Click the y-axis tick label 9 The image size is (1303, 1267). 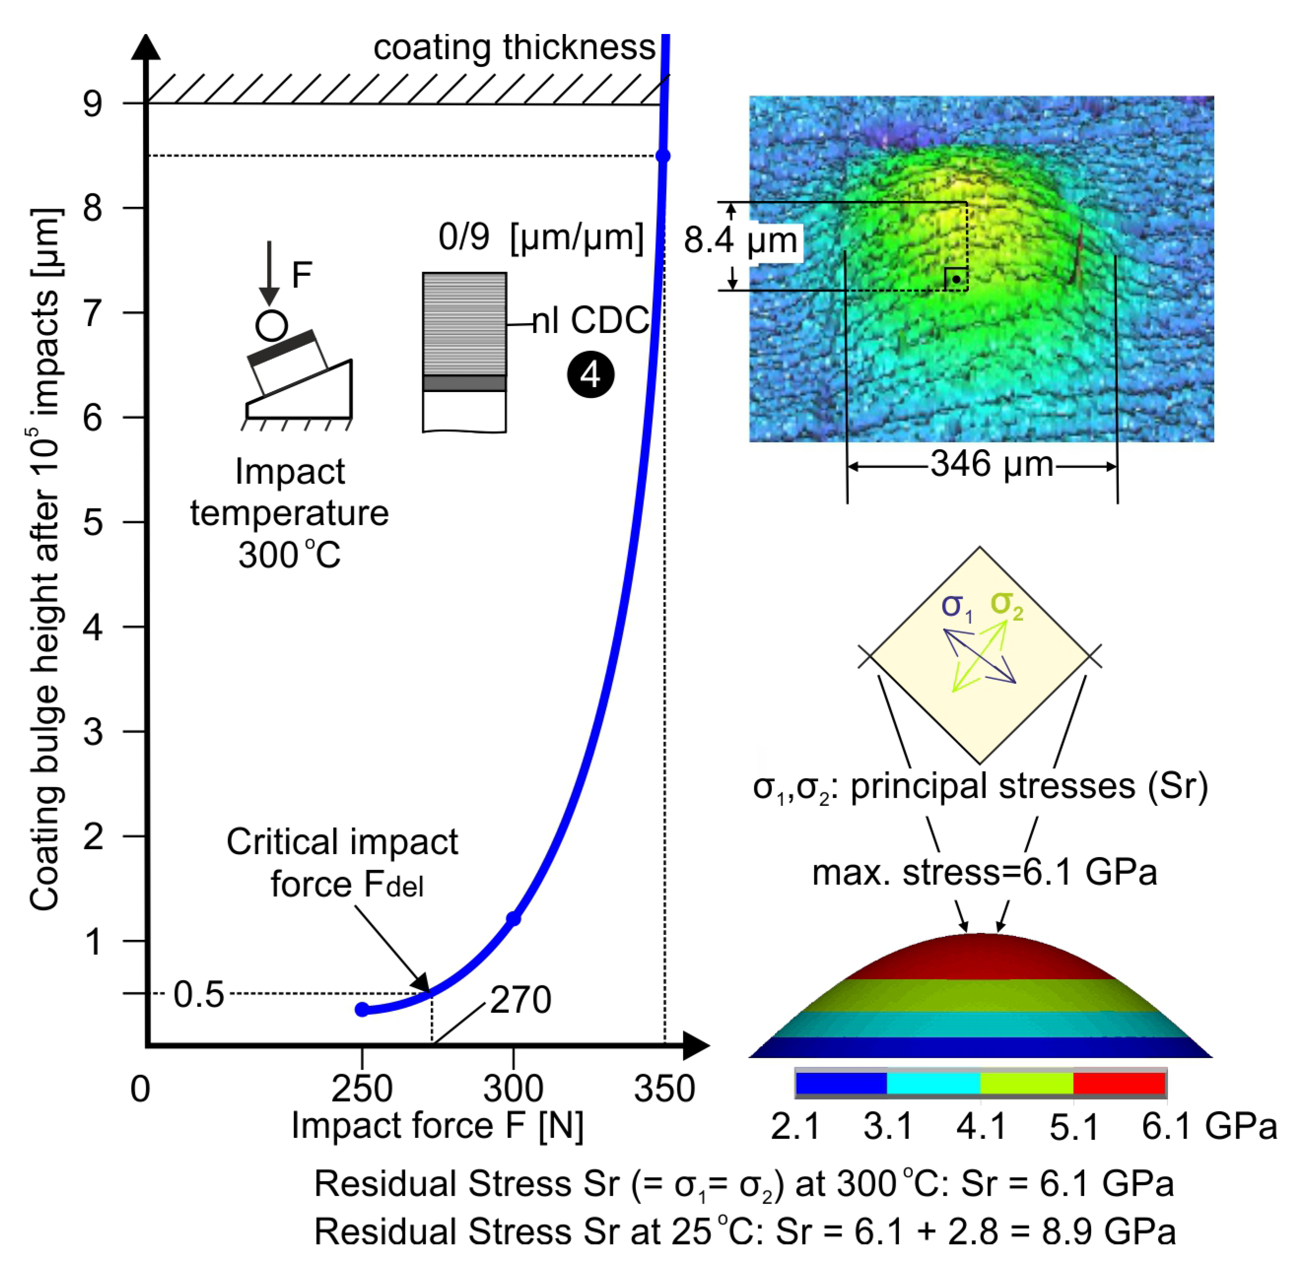click(x=93, y=104)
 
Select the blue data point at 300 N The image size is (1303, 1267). click(x=513, y=919)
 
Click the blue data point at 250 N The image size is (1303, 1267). click(x=362, y=1009)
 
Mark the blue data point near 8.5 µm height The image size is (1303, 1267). click(x=663, y=156)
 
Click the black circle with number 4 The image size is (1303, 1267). click(x=590, y=375)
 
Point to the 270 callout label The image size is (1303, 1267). click(x=520, y=1000)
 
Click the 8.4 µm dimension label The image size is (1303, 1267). click(x=740, y=240)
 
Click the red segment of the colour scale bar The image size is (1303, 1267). click(x=1119, y=1083)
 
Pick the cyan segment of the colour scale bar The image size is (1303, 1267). click(x=933, y=1083)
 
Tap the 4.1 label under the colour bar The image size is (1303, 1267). click(x=981, y=1127)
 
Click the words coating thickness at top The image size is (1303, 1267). click(x=514, y=48)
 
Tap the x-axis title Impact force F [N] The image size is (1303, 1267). click(x=437, y=1126)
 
